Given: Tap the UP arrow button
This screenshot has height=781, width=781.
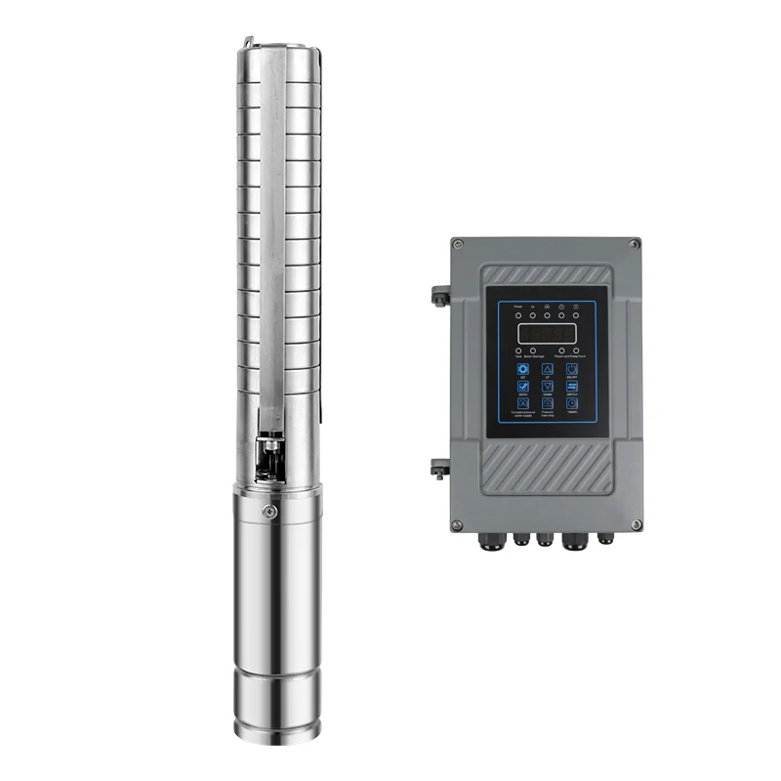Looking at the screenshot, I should pos(548,369).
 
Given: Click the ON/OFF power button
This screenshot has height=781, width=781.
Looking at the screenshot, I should pos(572,369).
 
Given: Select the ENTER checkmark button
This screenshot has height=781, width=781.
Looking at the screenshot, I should pos(523,386).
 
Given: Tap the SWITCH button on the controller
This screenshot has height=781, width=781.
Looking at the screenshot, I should pos(572,386).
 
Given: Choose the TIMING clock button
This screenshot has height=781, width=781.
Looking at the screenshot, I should pos(572,402).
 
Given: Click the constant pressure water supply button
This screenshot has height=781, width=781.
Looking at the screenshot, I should pos(523,403).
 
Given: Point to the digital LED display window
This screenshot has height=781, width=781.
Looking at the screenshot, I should pos(547,334).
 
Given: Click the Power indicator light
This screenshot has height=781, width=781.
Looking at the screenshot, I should pos(518,315).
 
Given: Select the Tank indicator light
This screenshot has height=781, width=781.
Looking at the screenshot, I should pos(518,350).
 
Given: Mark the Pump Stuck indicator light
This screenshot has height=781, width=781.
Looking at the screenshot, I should pos(576,350).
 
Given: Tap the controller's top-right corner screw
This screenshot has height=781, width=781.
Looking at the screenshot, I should pos(635,243).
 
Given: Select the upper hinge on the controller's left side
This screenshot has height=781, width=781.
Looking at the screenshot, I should pos(439,294).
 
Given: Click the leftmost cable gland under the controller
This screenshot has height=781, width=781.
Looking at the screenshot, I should pos(486,538).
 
